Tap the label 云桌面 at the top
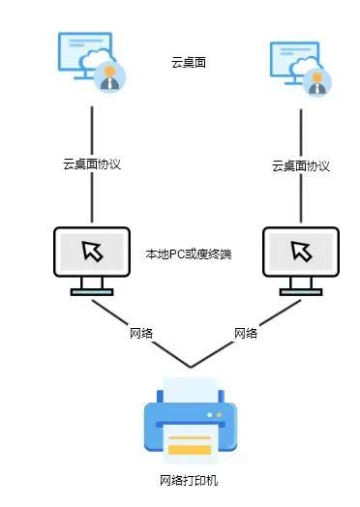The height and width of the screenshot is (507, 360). pos(189,63)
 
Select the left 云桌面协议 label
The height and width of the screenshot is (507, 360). pos(91,164)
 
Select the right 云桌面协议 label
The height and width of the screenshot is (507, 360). pos(301,166)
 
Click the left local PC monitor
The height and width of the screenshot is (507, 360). pos(92,253)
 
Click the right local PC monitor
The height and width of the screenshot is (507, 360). pos(300,253)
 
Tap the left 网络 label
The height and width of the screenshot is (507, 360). pos(142,333)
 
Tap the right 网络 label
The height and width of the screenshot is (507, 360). pos(246,333)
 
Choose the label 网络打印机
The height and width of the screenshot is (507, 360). pos(190,481)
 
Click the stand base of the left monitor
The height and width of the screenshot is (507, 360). pos(92,291)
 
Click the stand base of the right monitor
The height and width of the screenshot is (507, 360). pos(300,291)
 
